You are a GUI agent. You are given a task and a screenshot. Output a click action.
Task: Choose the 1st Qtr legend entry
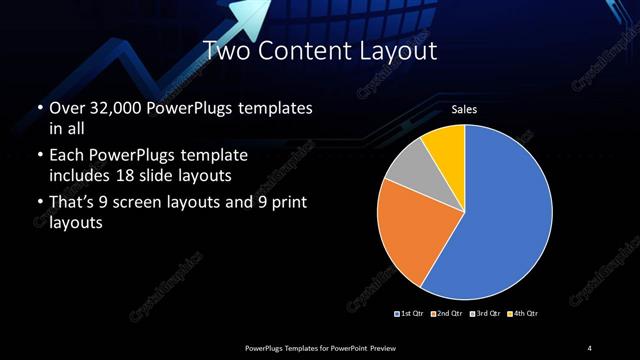tap(410, 314)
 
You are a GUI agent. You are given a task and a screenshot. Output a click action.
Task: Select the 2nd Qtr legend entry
tap(447, 314)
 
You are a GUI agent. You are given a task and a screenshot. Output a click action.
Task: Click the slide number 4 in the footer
tap(590, 347)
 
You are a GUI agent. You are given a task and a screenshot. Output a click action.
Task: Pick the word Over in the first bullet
tap(67, 107)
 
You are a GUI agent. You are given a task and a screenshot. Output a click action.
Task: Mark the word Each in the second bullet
tap(67, 156)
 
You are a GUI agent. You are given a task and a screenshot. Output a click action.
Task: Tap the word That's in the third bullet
tap(73, 204)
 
